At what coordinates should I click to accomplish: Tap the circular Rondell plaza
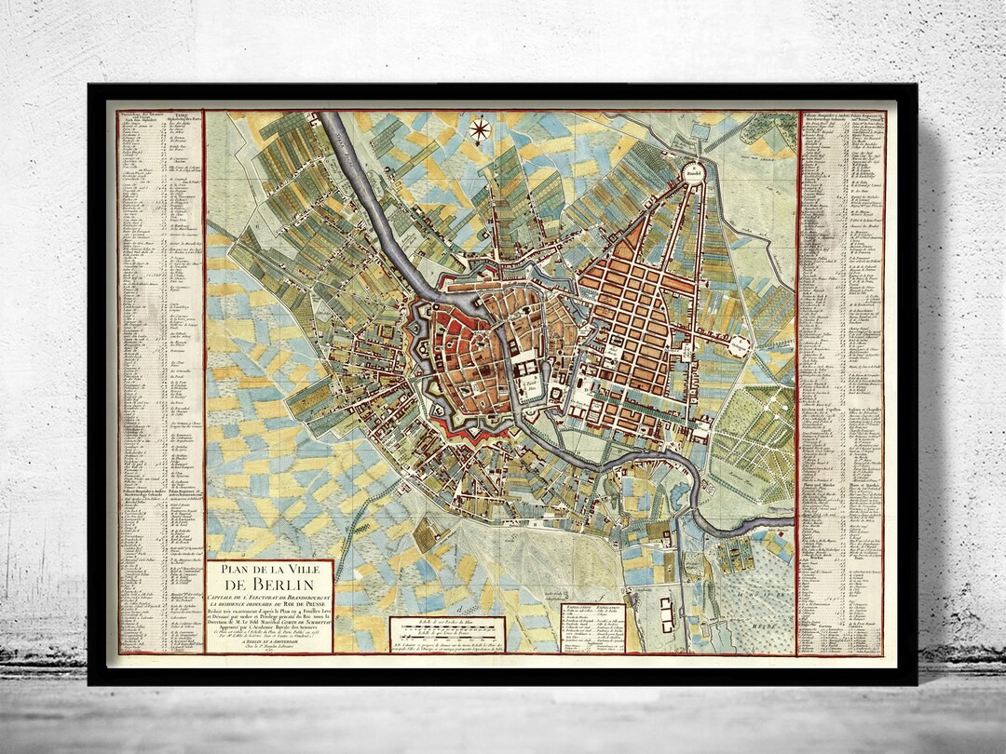pyautogui.click(x=692, y=171)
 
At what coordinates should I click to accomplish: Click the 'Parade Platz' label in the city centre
pyautogui.click(x=531, y=383)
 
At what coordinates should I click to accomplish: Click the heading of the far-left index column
pyautogui.click(x=140, y=118)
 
